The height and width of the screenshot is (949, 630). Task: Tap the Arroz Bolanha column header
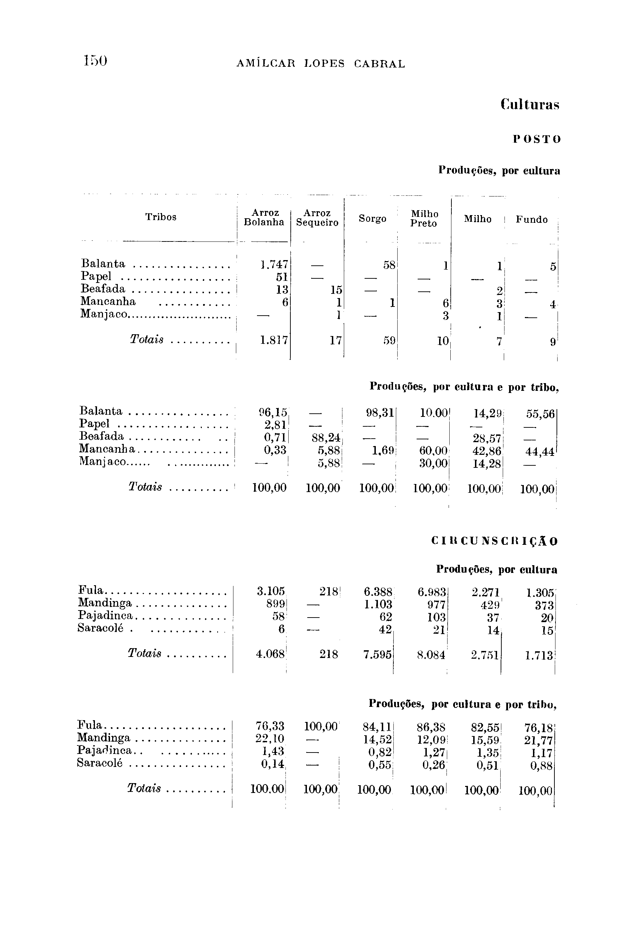(264, 217)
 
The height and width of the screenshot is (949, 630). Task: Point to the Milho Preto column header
(424, 219)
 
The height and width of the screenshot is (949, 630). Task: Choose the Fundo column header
(532, 219)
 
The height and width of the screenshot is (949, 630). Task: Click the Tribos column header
(161, 217)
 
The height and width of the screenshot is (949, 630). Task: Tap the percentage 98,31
(379, 412)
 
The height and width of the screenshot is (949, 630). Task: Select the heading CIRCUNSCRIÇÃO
(494, 541)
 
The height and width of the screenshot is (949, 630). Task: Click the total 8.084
(431, 656)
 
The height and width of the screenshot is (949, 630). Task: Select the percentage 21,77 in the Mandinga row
(539, 739)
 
